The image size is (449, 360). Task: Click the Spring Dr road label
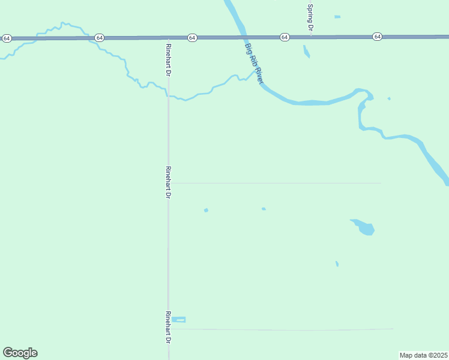point(310,17)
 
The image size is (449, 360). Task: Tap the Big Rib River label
point(255,62)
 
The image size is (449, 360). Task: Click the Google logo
point(20,352)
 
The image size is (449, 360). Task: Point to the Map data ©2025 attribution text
point(424,355)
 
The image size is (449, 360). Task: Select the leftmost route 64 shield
point(7,38)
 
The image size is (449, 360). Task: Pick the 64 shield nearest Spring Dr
point(285,37)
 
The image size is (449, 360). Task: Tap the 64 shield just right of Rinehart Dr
point(191,37)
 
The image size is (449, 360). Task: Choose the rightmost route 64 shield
point(377,37)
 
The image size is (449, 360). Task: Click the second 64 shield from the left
point(99,38)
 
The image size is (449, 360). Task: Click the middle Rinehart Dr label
point(169,182)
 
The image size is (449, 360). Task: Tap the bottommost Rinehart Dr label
point(169,327)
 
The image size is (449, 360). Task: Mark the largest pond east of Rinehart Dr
point(364,227)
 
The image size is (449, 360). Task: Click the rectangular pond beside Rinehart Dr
point(179,319)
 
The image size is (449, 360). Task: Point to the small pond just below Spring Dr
point(307,52)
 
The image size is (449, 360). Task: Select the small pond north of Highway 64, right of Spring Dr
point(337,16)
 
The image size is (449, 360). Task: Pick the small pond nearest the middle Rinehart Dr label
point(206,210)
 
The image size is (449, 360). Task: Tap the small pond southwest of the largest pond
point(337,263)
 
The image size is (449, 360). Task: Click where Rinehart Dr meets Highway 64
point(168,37)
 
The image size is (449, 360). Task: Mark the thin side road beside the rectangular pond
point(282,329)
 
